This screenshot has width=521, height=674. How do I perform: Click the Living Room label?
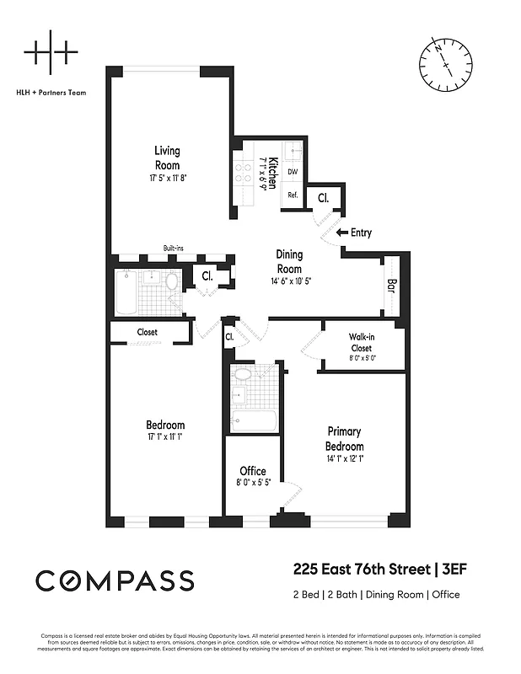pyautogui.click(x=166, y=158)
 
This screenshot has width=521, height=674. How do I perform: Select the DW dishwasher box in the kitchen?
pyautogui.click(x=293, y=172)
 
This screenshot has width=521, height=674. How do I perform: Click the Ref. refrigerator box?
pyautogui.click(x=293, y=195)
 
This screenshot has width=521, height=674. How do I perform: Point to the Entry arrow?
pyautogui.click(x=341, y=233)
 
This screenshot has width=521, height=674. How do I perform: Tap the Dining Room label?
pyautogui.click(x=289, y=261)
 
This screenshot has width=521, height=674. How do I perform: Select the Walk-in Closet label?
pyautogui.click(x=361, y=342)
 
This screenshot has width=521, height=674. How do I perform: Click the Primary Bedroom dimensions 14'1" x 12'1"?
pyautogui.click(x=345, y=459)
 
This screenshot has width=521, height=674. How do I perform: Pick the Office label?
pyautogui.click(x=253, y=471)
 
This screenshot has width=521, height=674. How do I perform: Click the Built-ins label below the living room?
pyautogui.click(x=175, y=249)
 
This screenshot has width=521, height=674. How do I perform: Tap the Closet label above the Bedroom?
pyautogui.click(x=147, y=332)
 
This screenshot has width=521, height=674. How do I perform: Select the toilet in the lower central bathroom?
pyautogui.click(x=242, y=375)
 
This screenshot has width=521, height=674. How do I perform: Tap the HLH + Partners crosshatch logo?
pyautogui.click(x=51, y=52)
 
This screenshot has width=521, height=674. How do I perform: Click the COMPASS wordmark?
pyautogui.click(x=115, y=580)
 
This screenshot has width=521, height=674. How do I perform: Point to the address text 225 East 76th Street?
pyautogui.click(x=359, y=571)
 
